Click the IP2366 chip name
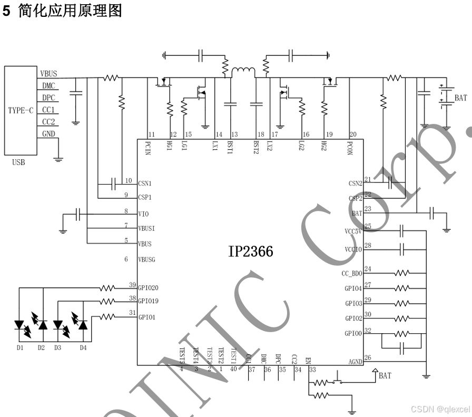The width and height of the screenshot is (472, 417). coord(251,252)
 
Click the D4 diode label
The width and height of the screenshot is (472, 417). coord(83,347)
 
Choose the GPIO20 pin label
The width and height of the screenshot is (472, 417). coord(148,288)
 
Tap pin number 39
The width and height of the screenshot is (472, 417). coord(132,285)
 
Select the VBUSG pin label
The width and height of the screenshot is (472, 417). coord(147,259)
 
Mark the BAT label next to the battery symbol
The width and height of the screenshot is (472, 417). coord(460,98)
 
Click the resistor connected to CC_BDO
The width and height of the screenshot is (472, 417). coord(402,273)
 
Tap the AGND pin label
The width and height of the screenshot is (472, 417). coord(355,362)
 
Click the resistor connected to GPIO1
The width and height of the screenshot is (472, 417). coord(107,317)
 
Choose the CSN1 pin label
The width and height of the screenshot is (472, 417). coord(145,183)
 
